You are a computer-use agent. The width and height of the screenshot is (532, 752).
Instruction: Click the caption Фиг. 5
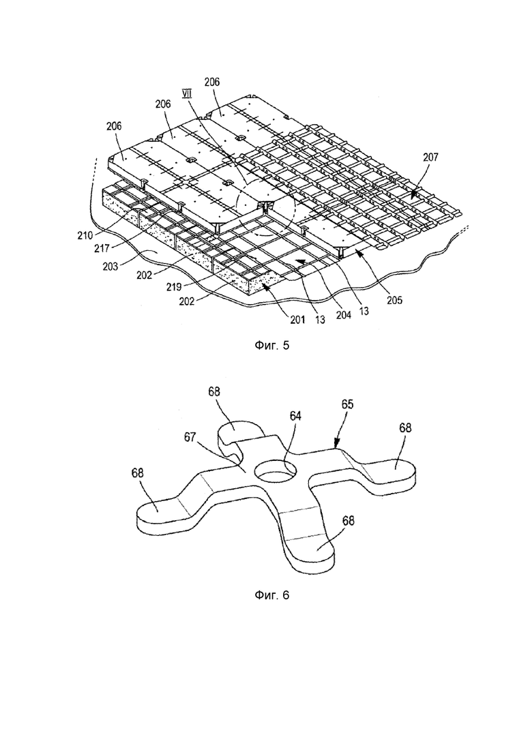pos(271,345)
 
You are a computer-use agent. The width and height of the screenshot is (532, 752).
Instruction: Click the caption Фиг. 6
pos(271,595)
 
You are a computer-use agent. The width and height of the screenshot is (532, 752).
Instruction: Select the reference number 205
pos(393,300)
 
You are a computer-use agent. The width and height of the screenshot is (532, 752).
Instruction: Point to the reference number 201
pos(297,319)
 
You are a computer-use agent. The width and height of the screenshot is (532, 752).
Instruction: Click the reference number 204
pos(344,315)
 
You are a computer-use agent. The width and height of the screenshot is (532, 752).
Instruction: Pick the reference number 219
pos(174,287)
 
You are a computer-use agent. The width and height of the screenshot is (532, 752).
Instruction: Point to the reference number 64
pos(295,416)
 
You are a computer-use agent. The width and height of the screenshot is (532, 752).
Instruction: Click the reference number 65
pos(347,404)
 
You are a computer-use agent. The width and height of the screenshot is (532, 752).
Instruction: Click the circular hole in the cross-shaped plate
pos(273,471)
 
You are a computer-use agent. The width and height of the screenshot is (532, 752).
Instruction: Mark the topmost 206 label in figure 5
pos(211,82)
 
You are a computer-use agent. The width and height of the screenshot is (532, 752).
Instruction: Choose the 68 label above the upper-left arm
pos(214,391)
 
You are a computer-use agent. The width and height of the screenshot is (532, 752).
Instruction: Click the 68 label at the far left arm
pos(138,472)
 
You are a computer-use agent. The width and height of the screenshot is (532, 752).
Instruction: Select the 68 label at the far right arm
pos(405,427)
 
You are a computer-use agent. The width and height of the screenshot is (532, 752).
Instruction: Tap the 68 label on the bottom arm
pos(349,520)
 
